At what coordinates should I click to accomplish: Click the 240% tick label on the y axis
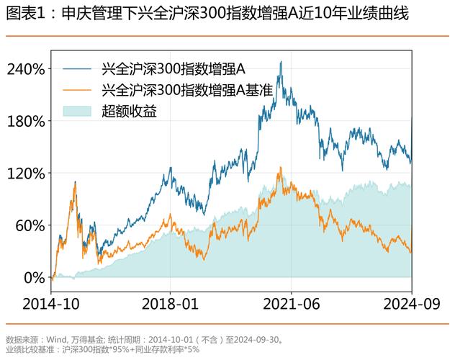pyautogui.click(x=26, y=69)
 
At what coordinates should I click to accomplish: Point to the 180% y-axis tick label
pyautogui.click(x=26, y=121)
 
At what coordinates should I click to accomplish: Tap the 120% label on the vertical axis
pyautogui.click(x=26, y=174)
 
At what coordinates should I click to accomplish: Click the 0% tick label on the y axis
pyautogui.click(x=35, y=277)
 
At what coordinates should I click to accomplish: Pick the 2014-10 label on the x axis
pyautogui.click(x=51, y=303)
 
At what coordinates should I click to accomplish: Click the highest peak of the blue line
pyautogui.click(x=280, y=63)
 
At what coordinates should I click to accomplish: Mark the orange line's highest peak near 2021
pyautogui.click(x=279, y=168)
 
